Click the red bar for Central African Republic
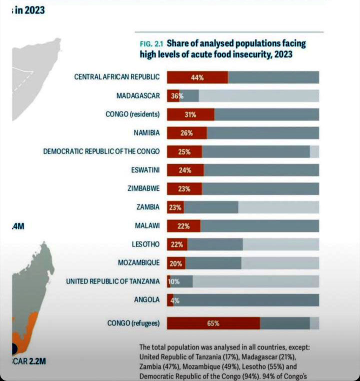pos(197,77)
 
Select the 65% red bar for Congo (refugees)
pos(213,323)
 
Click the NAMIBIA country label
pos(146,133)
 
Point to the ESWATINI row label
pos(145,170)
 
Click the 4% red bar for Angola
pos(170,300)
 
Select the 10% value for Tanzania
pos(173,281)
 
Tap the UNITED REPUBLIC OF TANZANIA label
pos(113,281)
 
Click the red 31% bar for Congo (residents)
pos(190,114)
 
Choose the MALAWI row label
pos(147,225)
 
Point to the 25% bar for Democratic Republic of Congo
pos(184,151)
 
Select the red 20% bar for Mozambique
pos(176,263)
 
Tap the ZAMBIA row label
pos(148,207)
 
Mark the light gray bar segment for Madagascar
pos(258,96)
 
